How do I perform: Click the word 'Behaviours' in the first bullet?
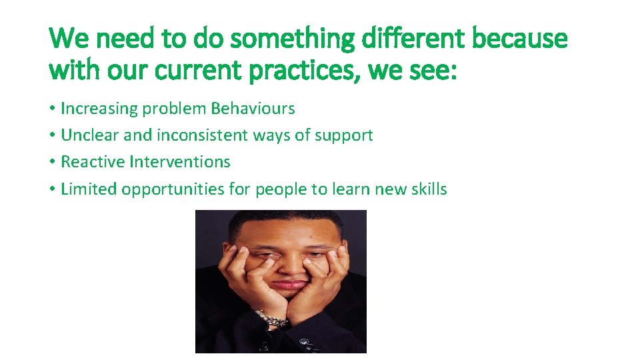click(253, 108)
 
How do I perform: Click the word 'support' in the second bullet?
click(344, 135)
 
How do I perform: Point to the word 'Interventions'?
click(180, 162)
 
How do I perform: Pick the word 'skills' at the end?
click(428, 189)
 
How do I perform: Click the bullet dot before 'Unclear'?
click(52, 136)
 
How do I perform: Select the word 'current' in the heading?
click(194, 69)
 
